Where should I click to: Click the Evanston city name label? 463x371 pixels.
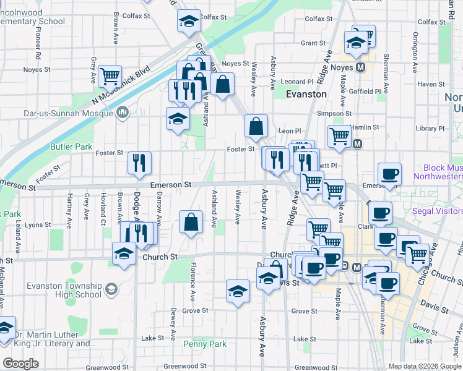click(x=306, y=94)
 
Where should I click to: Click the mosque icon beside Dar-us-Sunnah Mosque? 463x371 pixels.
click(x=123, y=112)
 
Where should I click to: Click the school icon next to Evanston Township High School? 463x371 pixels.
click(x=111, y=289)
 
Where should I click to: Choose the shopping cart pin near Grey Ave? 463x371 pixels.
click(x=110, y=76)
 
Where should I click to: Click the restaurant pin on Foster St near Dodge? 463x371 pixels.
click(x=139, y=163)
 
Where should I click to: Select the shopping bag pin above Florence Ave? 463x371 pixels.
click(x=191, y=221)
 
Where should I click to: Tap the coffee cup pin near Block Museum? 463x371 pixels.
click(x=389, y=174)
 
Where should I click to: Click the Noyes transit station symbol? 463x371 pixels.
click(x=360, y=67)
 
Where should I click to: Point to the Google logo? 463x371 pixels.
click(x=20, y=363)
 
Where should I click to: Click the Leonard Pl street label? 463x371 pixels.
click(x=296, y=82)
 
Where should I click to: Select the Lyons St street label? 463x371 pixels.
click(x=38, y=225)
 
